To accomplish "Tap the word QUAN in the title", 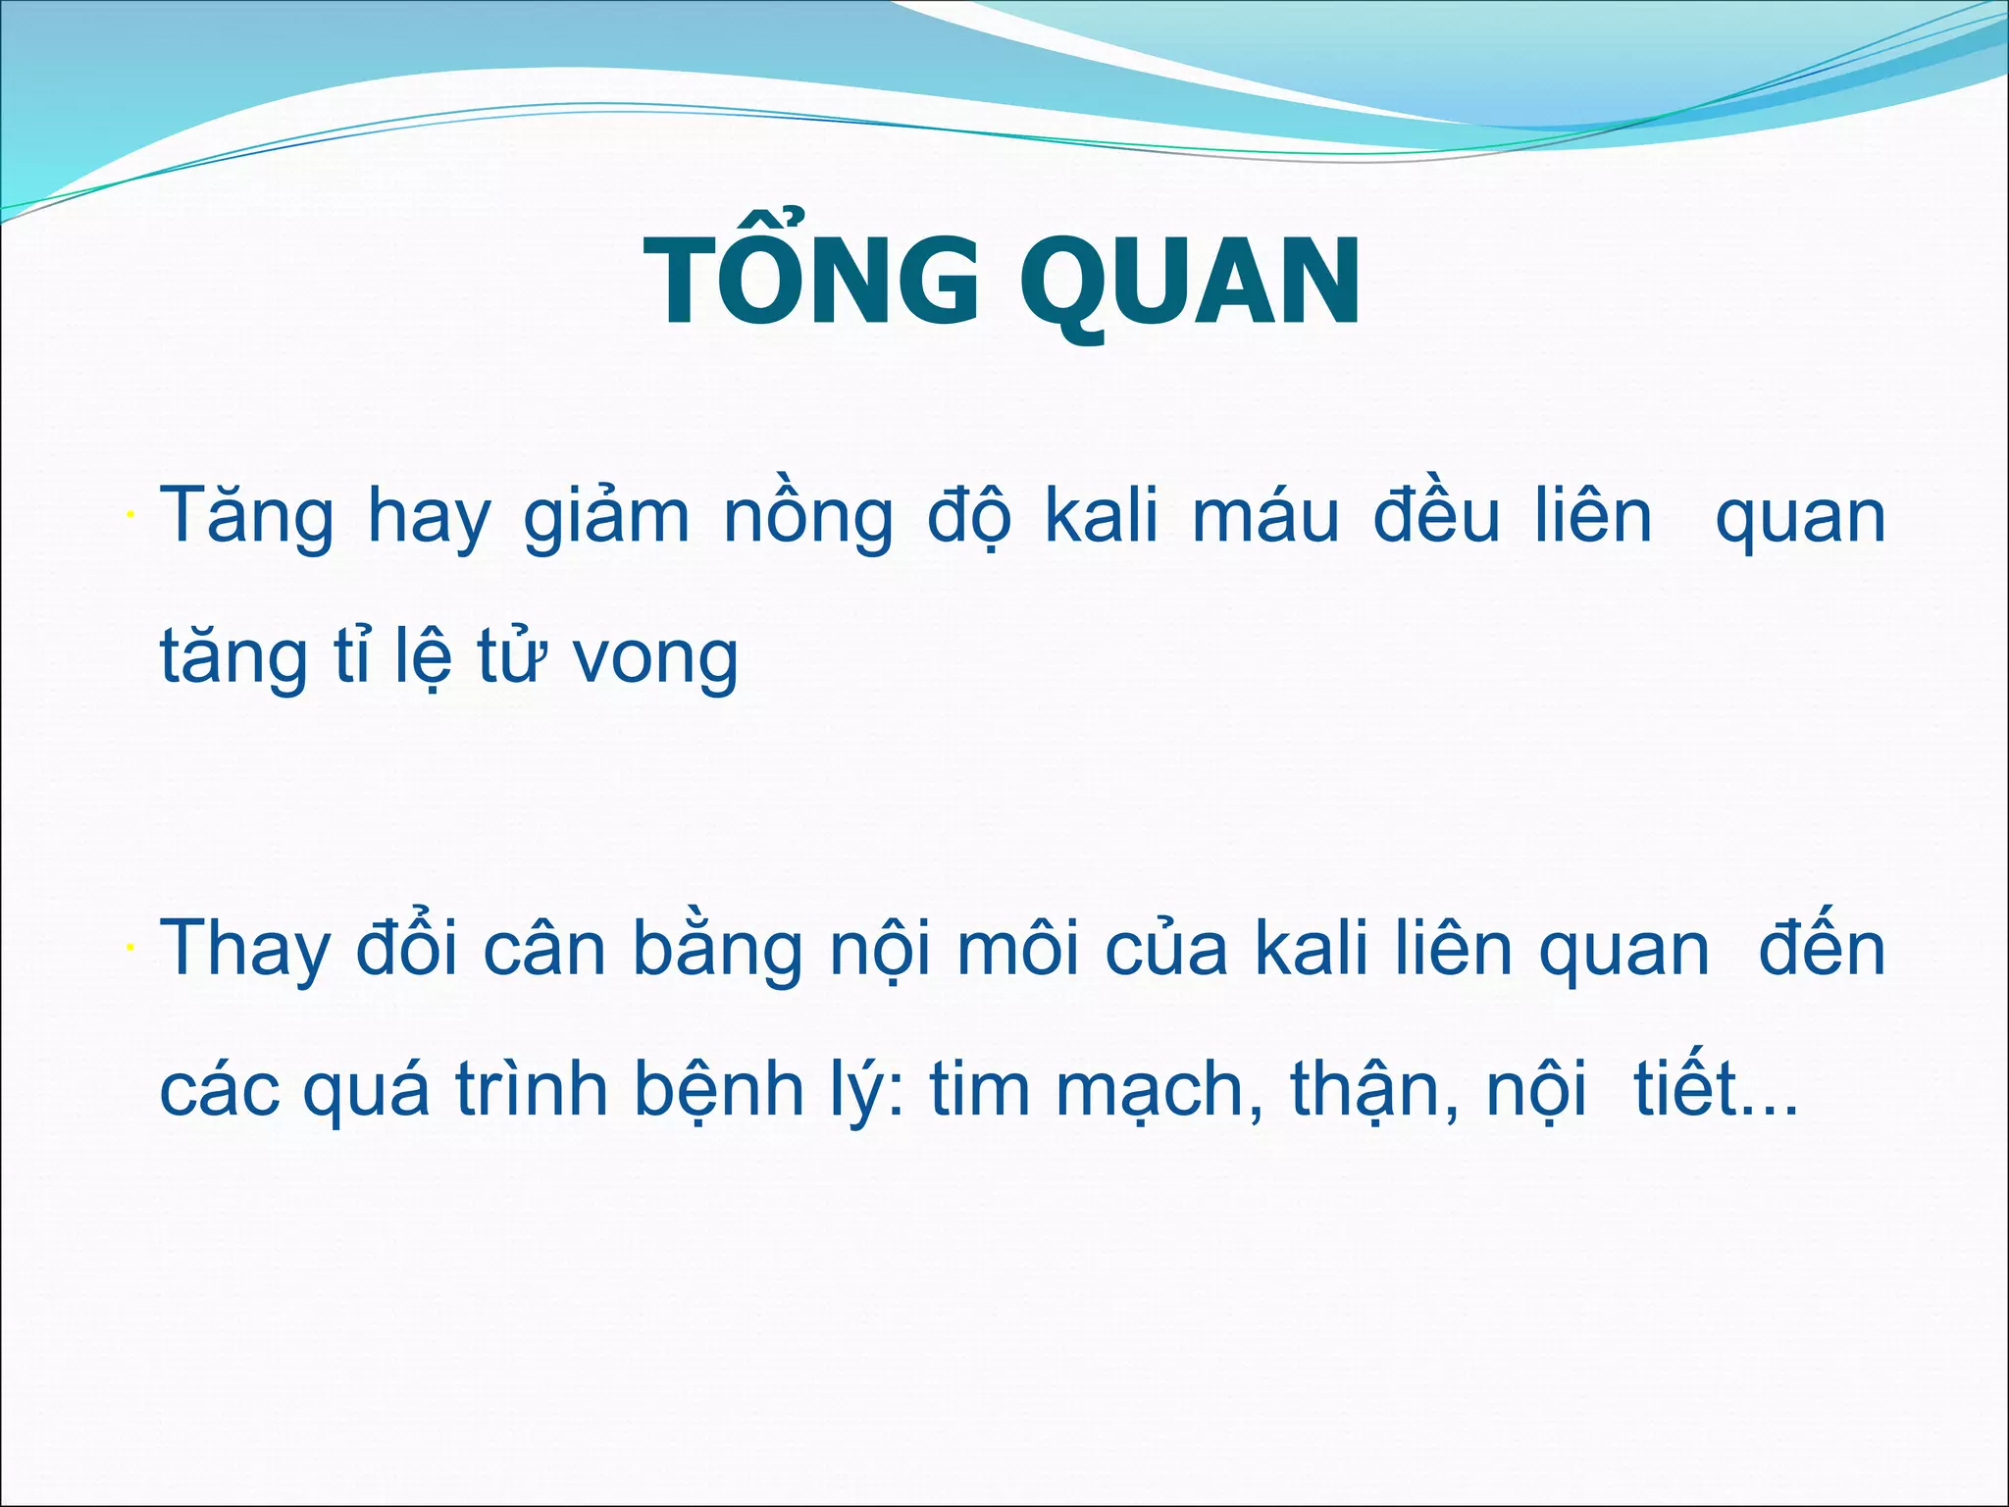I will point(1192,283).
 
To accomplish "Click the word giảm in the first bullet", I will point(606,518).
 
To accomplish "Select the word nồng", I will point(808,518).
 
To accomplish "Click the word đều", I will point(1436,518).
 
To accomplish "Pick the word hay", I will point(428,518).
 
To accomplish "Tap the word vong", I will point(655,659).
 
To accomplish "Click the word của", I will point(1166,950).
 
